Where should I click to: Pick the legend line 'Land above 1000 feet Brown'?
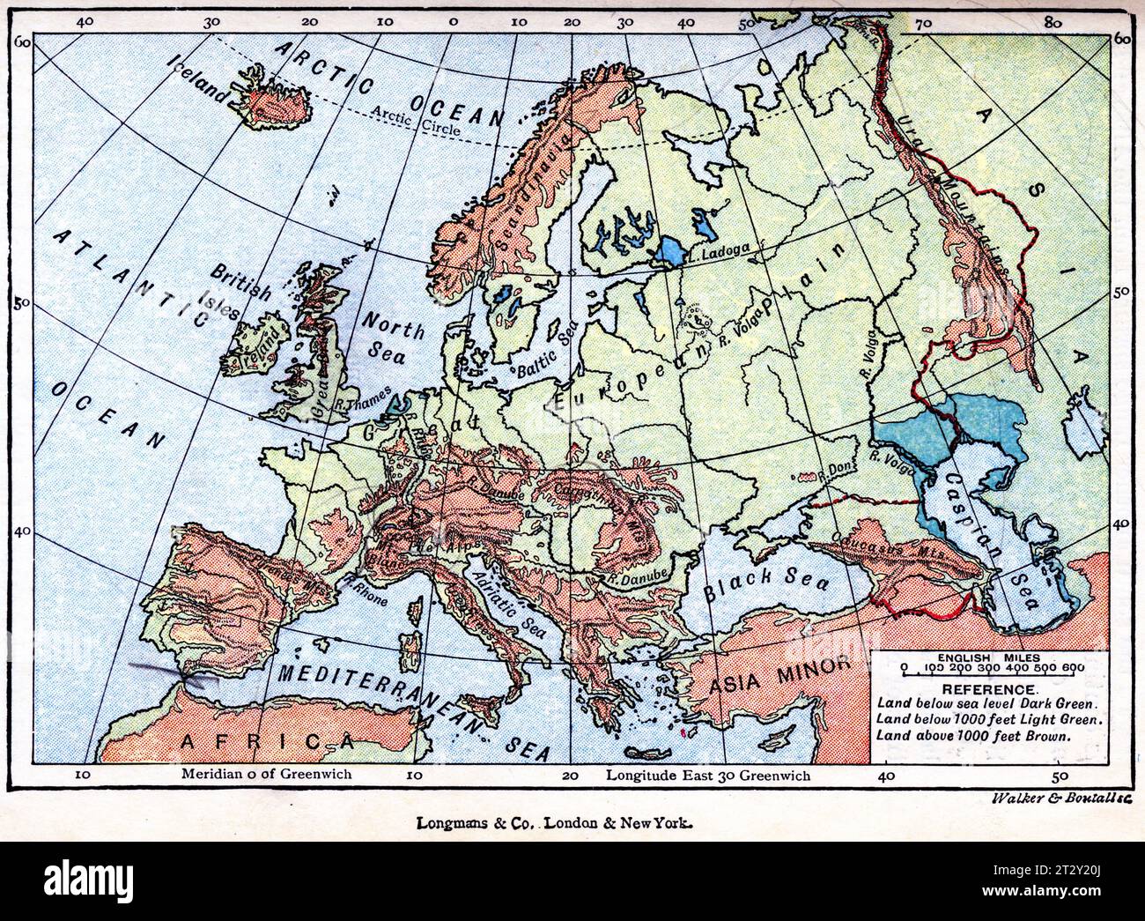(x=974, y=734)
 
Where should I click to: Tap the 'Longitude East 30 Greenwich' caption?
(x=708, y=776)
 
